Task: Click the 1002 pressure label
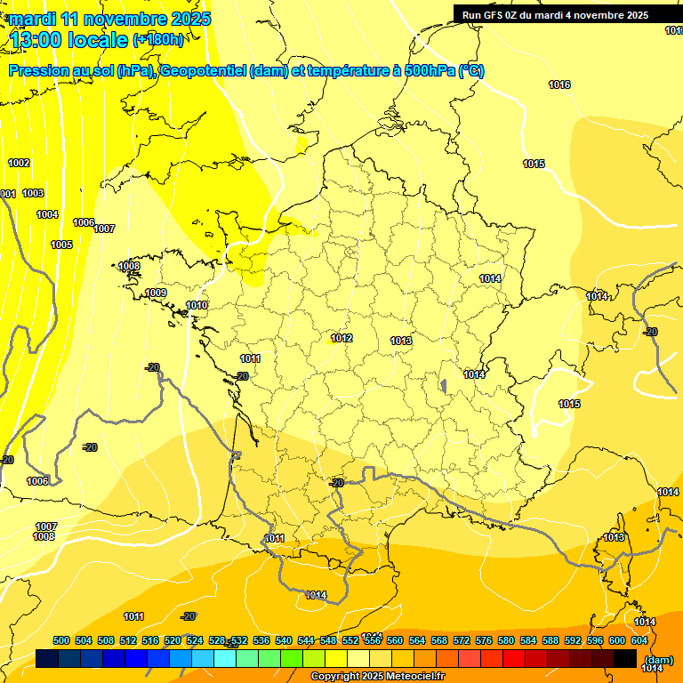point(19,163)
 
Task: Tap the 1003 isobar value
point(33,193)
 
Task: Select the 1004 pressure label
point(47,214)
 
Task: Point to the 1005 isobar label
point(61,245)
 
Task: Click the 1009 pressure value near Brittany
point(156,293)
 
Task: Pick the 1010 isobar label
point(197,306)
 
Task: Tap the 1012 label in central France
point(341,338)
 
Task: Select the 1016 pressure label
point(559,84)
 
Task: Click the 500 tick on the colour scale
point(61,640)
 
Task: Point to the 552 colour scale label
point(350,640)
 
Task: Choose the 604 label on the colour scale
point(639,640)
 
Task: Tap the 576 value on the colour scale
point(484,640)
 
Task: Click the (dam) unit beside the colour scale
point(658,659)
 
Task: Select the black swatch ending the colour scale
point(625,658)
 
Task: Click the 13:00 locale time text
point(68,39)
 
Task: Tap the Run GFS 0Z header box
point(555,14)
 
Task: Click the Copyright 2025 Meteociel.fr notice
point(377,677)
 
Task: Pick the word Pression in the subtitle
point(36,71)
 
